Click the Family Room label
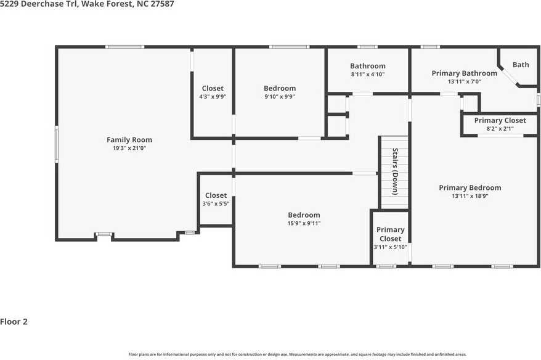point(129,140)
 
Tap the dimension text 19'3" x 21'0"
point(129,148)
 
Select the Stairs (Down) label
point(396,171)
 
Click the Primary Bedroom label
point(470,188)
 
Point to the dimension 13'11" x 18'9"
point(470,196)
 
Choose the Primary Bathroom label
point(465,73)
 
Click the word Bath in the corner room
point(521,65)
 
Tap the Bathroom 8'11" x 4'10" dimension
point(368,74)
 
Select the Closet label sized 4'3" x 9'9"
point(213,88)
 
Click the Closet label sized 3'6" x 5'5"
point(216,195)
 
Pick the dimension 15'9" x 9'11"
point(304,223)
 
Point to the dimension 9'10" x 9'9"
point(280,97)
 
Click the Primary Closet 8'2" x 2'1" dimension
point(500,129)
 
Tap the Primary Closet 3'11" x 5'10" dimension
point(390,247)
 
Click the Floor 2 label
point(14,322)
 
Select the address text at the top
point(87,4)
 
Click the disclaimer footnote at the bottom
point(298,354)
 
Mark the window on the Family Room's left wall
point(57,144)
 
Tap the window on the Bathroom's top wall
point(367,47)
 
